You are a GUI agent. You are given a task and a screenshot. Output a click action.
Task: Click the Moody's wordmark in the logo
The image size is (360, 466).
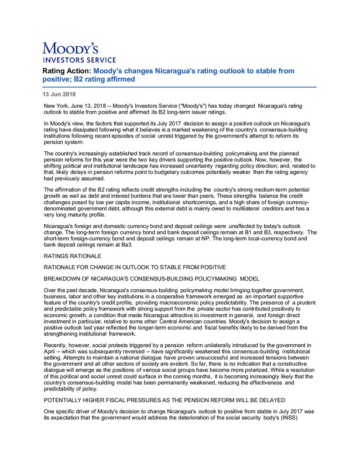coord(70,48)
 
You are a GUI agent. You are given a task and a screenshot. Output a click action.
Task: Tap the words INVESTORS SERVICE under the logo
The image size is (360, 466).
coord(79,60)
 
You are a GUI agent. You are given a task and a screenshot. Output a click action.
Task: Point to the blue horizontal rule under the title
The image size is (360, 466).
coord(179,87)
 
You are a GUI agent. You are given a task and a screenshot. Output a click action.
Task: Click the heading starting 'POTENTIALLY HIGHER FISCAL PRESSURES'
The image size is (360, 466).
coord(165,399)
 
